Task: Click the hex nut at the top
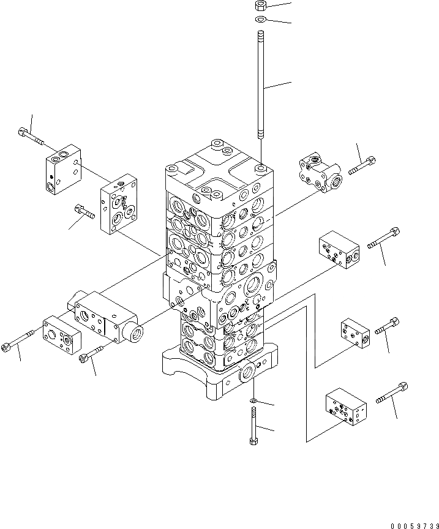click(261, 6)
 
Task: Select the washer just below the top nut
click(261, 19)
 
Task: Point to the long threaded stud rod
click(261, 84)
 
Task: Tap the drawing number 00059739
click(415, 525)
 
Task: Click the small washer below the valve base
click(253, 401)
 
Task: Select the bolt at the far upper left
click(31, 137)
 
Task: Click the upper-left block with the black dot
click(64, 170)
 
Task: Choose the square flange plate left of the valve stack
click(118, 204)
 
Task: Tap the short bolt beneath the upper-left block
click(84, 211)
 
